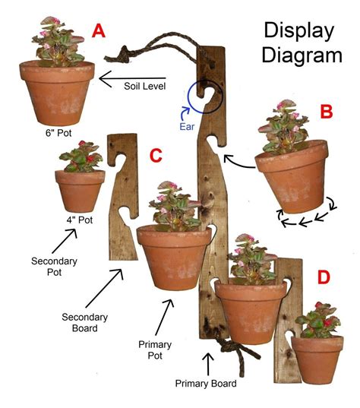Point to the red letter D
click(323, 277)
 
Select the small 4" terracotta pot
click(79, 191)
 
